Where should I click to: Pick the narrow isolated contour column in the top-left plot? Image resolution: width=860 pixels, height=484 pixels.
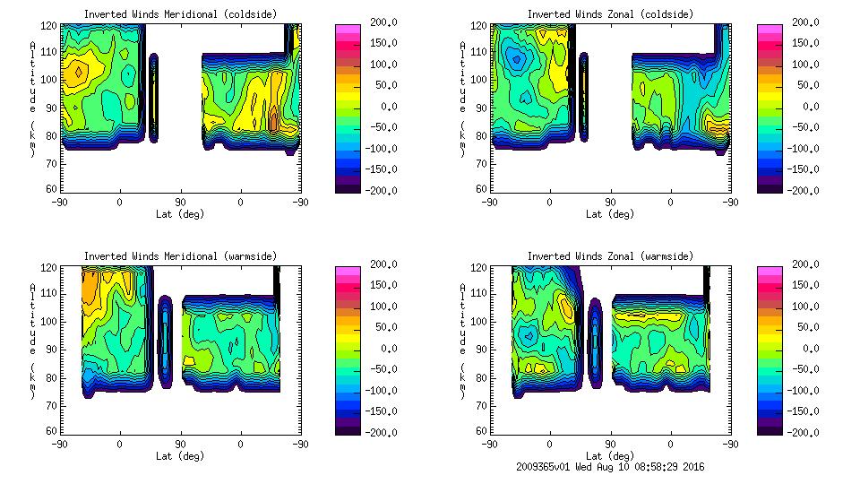coord(154,97)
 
